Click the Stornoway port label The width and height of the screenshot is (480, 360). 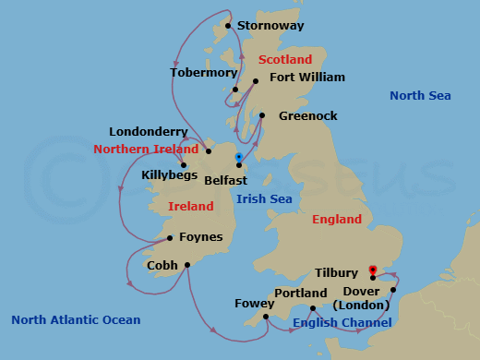(x=270, y=26)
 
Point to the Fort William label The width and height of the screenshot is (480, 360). (x=306, y=78)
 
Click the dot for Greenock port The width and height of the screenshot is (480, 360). (x=262, y=116)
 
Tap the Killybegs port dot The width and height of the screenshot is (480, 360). (x=183, y=165)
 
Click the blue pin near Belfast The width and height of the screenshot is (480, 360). (x=238, y=157)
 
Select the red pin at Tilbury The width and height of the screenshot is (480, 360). (x=372, y=270)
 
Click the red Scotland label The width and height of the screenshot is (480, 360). (x=285, y=59)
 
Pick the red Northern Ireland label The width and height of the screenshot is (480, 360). (x=146, y=149)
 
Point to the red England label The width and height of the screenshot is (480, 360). (x=337, y=220)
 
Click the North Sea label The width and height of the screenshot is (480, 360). (x=418, y=96)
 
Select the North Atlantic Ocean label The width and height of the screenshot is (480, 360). (x=76, y=320)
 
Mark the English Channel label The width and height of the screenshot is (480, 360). (x=342, y=322)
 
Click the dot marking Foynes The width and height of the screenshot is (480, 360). (x=169, y=237)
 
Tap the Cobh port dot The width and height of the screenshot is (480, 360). (x=187, y=265)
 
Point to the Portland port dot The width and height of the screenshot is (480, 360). (x=313, y=308)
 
